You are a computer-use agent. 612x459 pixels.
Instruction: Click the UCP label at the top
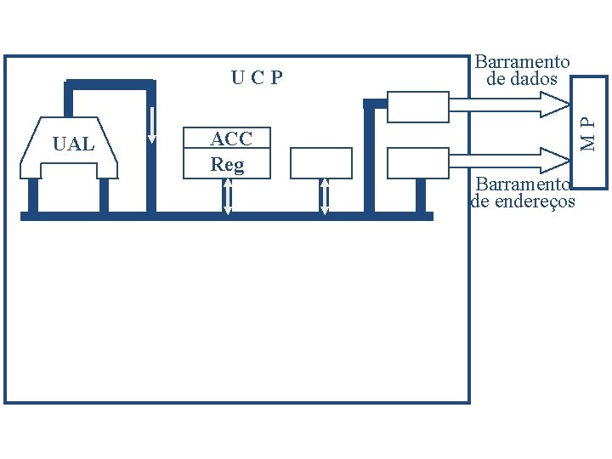[x=257, y=79]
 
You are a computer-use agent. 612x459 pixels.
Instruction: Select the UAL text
[x=73, y=144]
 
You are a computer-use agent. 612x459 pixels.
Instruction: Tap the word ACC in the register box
[x=231, y=139]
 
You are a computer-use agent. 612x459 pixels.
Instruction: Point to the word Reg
[x=227, y=164]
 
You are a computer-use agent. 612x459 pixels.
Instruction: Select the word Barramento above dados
[x=522, y=62]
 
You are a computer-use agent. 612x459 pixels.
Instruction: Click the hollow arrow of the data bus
[x=510, y=104]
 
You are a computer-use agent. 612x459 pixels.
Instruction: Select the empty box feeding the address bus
[x=417, y=162]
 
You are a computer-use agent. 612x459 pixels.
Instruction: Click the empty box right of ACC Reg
[x=320, y=162]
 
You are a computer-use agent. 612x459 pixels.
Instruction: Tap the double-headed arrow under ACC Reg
[x=228, y=196]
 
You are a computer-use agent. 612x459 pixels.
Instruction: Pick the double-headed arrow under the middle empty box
[x=324, y=196]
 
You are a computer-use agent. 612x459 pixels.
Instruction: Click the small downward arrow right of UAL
[x=152, y=124]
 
